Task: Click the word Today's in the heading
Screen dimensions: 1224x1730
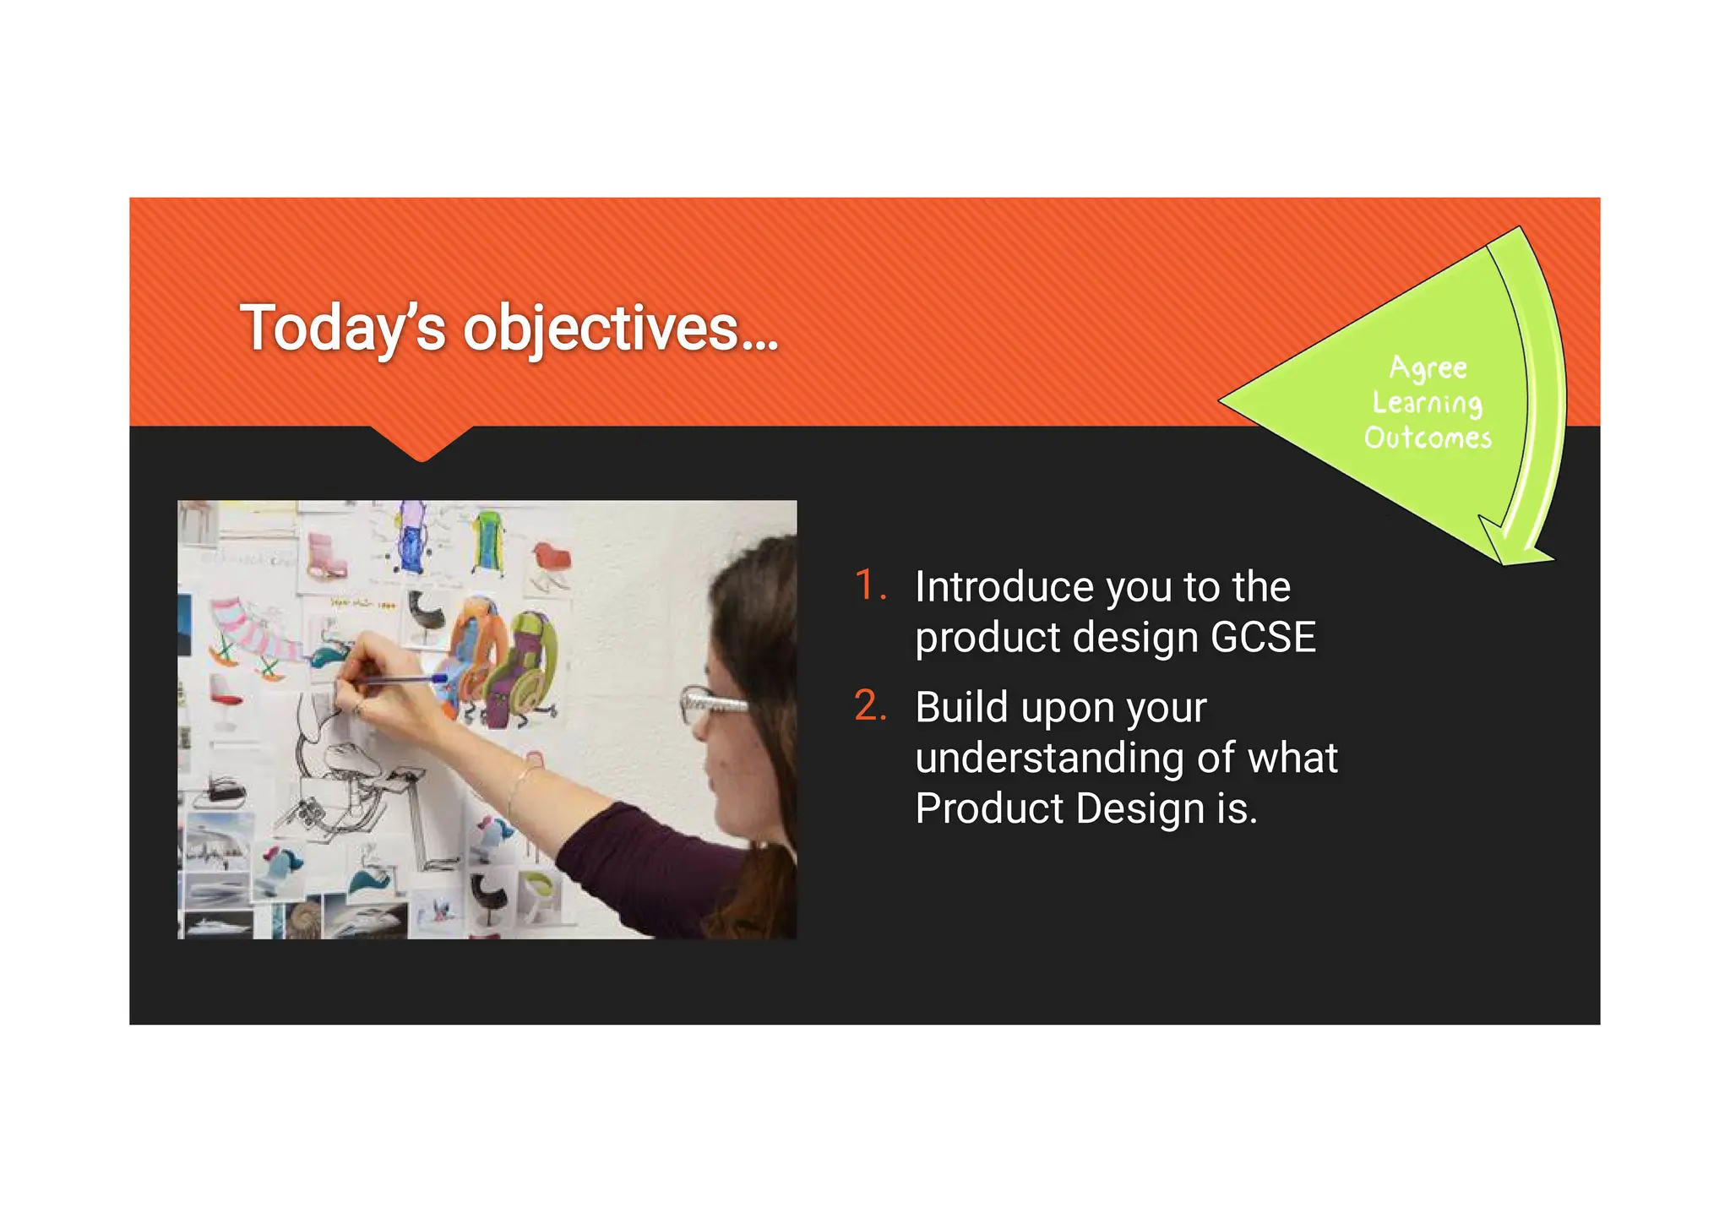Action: [x=342, y=329]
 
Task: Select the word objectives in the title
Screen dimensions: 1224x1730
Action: [x=601, y=329]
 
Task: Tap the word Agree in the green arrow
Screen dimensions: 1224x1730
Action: [x=1428, y=367]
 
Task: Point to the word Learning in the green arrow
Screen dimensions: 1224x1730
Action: [x=1427, y=403]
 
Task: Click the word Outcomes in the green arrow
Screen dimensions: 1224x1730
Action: [x=1428, y=438]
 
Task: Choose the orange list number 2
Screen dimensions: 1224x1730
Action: [x=869, y=705]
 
